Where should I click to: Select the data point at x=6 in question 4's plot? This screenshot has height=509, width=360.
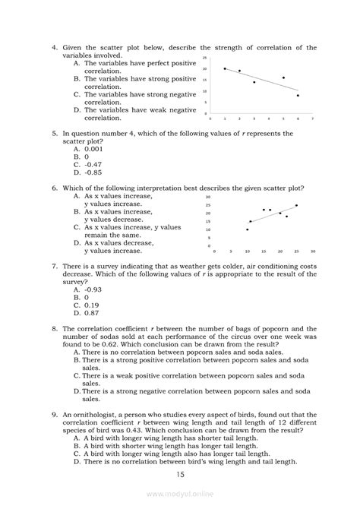coord(298,96)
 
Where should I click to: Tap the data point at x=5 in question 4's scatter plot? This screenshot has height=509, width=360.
coord(283,77)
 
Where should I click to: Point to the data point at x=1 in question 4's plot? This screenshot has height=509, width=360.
coord(225,69)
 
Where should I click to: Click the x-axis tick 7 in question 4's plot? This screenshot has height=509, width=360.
coord(312,119)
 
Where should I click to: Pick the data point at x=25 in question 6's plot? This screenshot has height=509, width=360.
coord(296,205)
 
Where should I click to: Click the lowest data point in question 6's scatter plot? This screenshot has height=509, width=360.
coord(247,229)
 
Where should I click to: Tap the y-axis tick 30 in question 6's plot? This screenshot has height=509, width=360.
coord(207,197)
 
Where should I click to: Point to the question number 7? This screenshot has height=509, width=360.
coord(54,267)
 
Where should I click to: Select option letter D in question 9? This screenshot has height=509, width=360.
coord(77,461)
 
